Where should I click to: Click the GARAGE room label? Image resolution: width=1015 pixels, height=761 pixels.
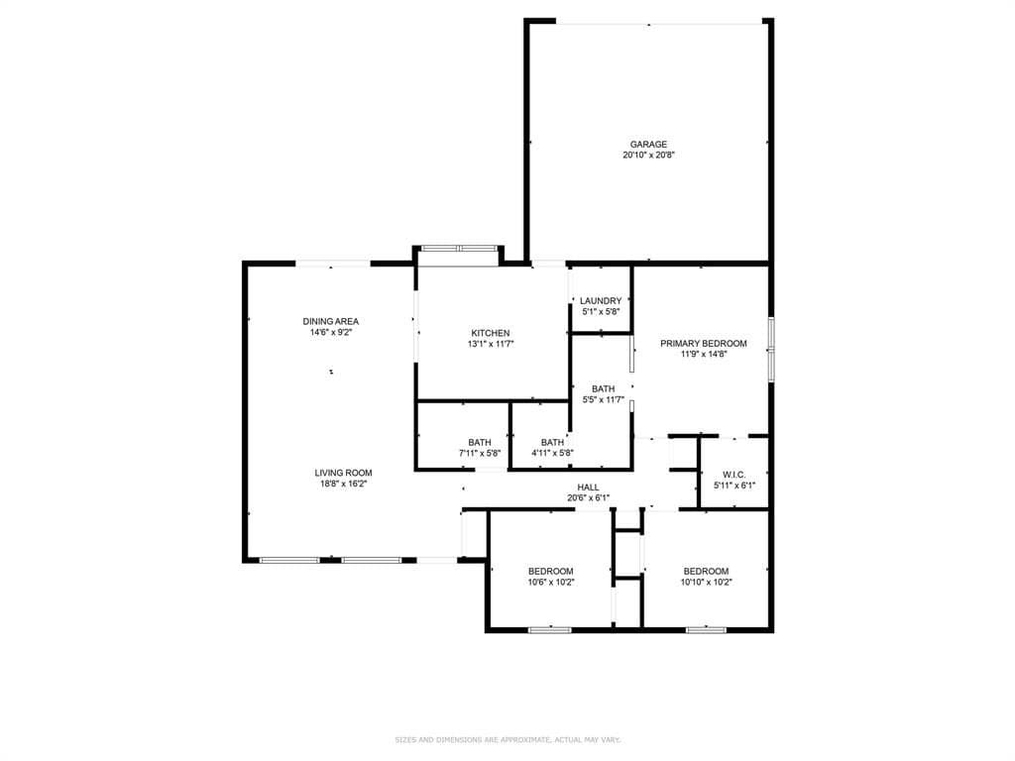[648, 145]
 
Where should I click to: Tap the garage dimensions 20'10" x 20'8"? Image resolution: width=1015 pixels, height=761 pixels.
[648, 156]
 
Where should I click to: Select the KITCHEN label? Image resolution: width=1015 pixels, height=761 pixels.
[490, 333]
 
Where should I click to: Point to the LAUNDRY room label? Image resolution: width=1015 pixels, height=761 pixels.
[601, 301]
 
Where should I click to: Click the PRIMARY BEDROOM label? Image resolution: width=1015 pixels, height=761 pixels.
[704, 344]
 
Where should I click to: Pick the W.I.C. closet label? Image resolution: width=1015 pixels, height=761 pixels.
[734, 475]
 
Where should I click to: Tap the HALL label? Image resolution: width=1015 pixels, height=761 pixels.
[589, 488]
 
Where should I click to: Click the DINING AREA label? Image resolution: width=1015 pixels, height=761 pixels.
[331, 322]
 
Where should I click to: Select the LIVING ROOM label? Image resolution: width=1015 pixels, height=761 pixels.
[344, 473]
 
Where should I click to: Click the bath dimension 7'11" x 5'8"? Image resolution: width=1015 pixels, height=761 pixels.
[480, 454]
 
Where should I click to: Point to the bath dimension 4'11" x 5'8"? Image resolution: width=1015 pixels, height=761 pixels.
[553, 454]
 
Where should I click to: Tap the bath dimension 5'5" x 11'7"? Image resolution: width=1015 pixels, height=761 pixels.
[604, 400]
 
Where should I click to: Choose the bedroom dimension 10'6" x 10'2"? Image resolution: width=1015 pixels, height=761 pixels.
[551, 583]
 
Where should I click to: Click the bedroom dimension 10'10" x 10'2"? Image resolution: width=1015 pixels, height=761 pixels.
[706, 583]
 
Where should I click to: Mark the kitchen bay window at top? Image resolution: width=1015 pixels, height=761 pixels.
[459, 248]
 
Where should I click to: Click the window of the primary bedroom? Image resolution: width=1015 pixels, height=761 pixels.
[771, 348]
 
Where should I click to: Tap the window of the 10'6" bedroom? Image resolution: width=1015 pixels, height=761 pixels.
[550, 629]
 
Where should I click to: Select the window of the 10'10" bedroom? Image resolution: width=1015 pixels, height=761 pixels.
[706, 629]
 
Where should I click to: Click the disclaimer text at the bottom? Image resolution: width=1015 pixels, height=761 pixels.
[507, 739]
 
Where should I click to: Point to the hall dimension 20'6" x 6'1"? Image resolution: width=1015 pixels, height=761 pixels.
[589, 498]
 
